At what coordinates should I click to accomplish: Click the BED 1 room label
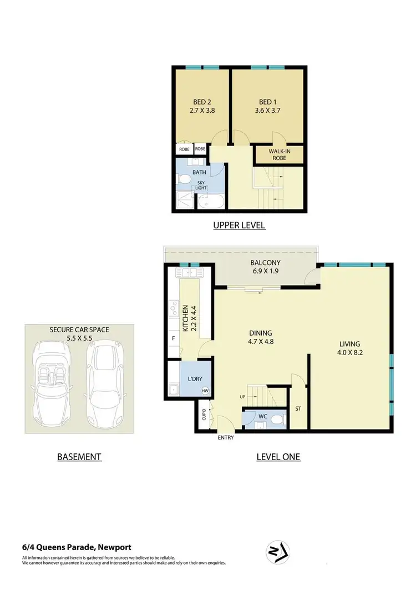click(267, 102)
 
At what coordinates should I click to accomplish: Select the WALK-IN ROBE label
click(278, 154)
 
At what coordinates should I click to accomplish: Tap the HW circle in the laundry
click(205, 391)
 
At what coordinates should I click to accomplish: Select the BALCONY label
click(266, 263)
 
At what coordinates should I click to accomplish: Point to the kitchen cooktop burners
click(173, 308)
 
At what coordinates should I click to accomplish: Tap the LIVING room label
click(351, 343)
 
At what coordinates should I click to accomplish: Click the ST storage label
click(298, 409)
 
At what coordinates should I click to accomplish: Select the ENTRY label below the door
click(226, 437)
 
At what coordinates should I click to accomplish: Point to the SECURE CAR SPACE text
click(79, 330)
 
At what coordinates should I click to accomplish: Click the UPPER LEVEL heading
click(240, 226)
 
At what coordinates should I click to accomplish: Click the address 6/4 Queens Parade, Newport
click(77, 547)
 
